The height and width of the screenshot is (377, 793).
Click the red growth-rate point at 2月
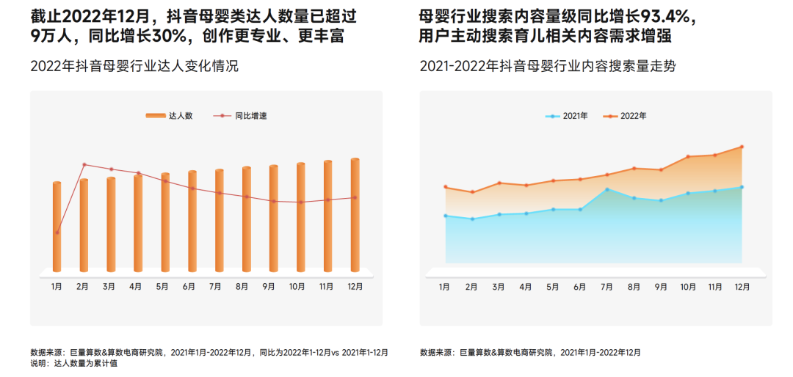point(84,164)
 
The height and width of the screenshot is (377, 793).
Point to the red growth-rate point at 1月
point(57,233)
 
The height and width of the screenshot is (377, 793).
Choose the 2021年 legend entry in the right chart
point(566,116)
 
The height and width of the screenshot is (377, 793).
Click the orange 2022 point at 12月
point(742,147)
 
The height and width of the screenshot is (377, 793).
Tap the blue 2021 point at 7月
point(606,189)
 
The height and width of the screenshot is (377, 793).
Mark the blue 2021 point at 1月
point(446,216)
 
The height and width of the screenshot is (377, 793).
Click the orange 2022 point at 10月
point(688,157)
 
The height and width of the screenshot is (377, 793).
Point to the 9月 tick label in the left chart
point(269,287)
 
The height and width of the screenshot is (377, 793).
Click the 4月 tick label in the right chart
point(526,287)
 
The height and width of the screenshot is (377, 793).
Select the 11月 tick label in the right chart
point(715,287)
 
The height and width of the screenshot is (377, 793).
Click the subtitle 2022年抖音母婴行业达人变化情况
point(134,67)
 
